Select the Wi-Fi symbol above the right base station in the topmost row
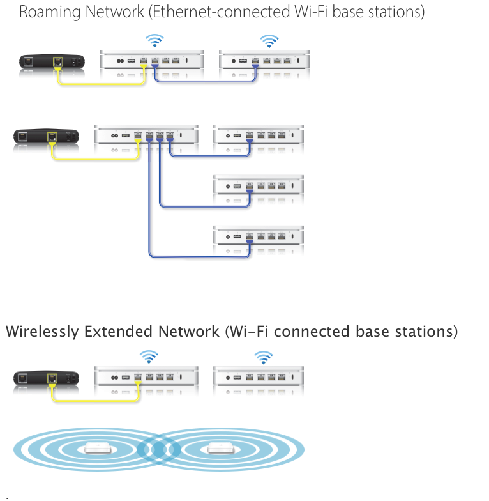[270, 41]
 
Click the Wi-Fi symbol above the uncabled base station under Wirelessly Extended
[262, 356]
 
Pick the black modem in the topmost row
[51, 62]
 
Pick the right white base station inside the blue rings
[220, 449]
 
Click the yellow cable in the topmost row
[102, 83]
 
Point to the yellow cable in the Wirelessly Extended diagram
[96, 401]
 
